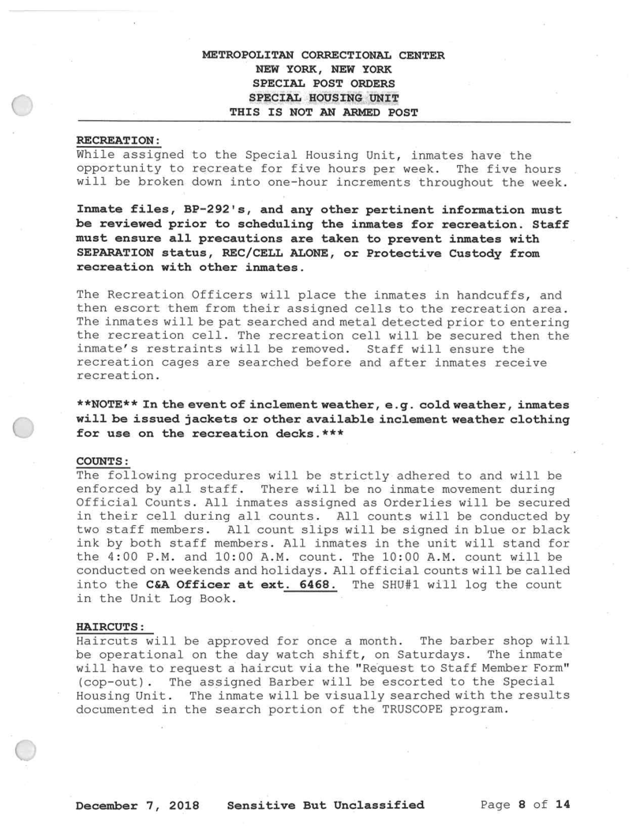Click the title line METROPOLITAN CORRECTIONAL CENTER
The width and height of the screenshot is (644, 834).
323,55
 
